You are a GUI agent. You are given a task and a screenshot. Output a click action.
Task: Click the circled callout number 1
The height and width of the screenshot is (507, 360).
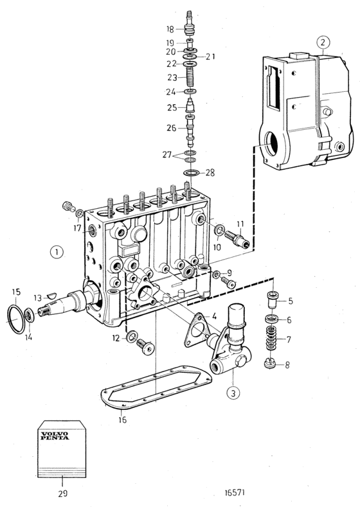[57, 252]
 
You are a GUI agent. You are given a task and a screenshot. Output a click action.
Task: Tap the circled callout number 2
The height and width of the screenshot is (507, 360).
[323, 42]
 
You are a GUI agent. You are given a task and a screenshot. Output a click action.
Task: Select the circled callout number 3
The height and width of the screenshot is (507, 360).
[233, 393]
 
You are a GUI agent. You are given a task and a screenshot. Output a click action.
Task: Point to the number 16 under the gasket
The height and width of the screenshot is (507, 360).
[122, 420]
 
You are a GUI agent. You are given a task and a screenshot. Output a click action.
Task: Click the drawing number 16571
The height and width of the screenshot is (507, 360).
[235, 492]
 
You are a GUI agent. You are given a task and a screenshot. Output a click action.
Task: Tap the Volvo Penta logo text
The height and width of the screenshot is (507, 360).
[55, 436]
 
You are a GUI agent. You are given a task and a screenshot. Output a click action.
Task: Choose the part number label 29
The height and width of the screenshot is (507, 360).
[63, 494]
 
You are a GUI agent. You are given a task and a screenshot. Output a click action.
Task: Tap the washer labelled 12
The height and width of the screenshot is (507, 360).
[132, 337]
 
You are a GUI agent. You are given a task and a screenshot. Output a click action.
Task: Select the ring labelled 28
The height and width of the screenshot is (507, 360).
[191, 173]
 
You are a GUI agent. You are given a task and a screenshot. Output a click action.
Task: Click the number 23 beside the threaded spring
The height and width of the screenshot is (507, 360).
[172, 78]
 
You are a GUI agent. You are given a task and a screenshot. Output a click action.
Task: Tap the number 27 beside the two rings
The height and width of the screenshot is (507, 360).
[167, 155]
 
